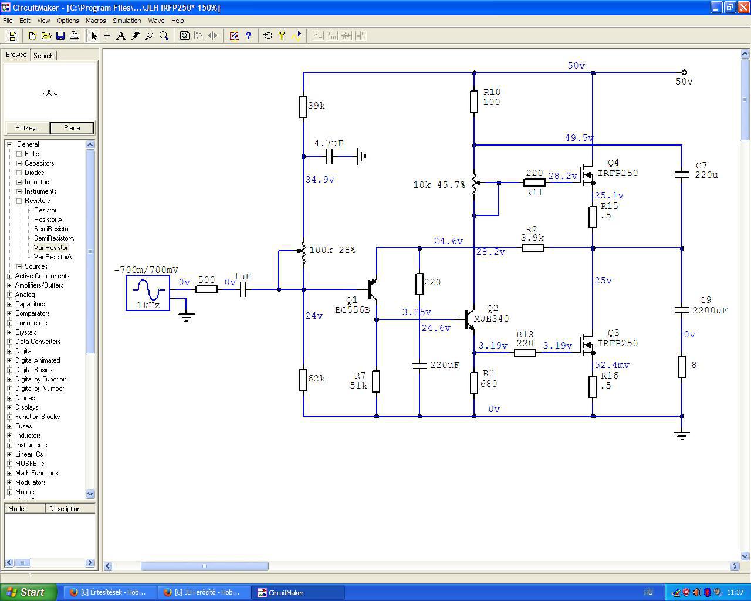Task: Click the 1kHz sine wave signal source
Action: (148, 293)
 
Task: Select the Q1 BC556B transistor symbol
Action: (372, 289)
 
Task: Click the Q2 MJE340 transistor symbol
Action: (470, 319)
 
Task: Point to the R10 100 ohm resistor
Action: (474, 102)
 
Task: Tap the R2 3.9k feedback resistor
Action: (533, 248)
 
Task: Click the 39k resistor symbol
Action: (303, 106)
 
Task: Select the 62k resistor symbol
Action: (303, 380)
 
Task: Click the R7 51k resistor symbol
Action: (376, 381)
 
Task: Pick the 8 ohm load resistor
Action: (682, 367)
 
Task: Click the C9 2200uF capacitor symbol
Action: (682, 310)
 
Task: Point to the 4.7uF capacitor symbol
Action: (329, 157)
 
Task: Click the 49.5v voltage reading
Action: (579, 138)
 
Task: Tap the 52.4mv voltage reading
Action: (612, 365)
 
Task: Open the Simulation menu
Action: (127, 21)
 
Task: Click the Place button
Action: (72, 128)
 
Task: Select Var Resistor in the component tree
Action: (50, 248)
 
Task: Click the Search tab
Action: (43, 56)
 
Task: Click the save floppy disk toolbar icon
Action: (60, 36)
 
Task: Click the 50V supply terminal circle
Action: (684, 72)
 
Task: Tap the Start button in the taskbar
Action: (28, 592)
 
